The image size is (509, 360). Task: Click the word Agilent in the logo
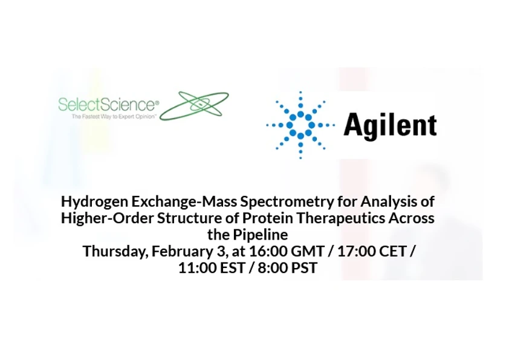(390, 126)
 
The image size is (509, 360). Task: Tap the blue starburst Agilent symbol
(300, 125)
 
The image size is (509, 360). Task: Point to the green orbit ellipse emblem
(195, 105)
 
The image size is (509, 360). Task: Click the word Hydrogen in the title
(90, 201)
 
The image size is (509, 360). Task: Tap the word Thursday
(112, 251)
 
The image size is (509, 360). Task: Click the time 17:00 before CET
(355, 251)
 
